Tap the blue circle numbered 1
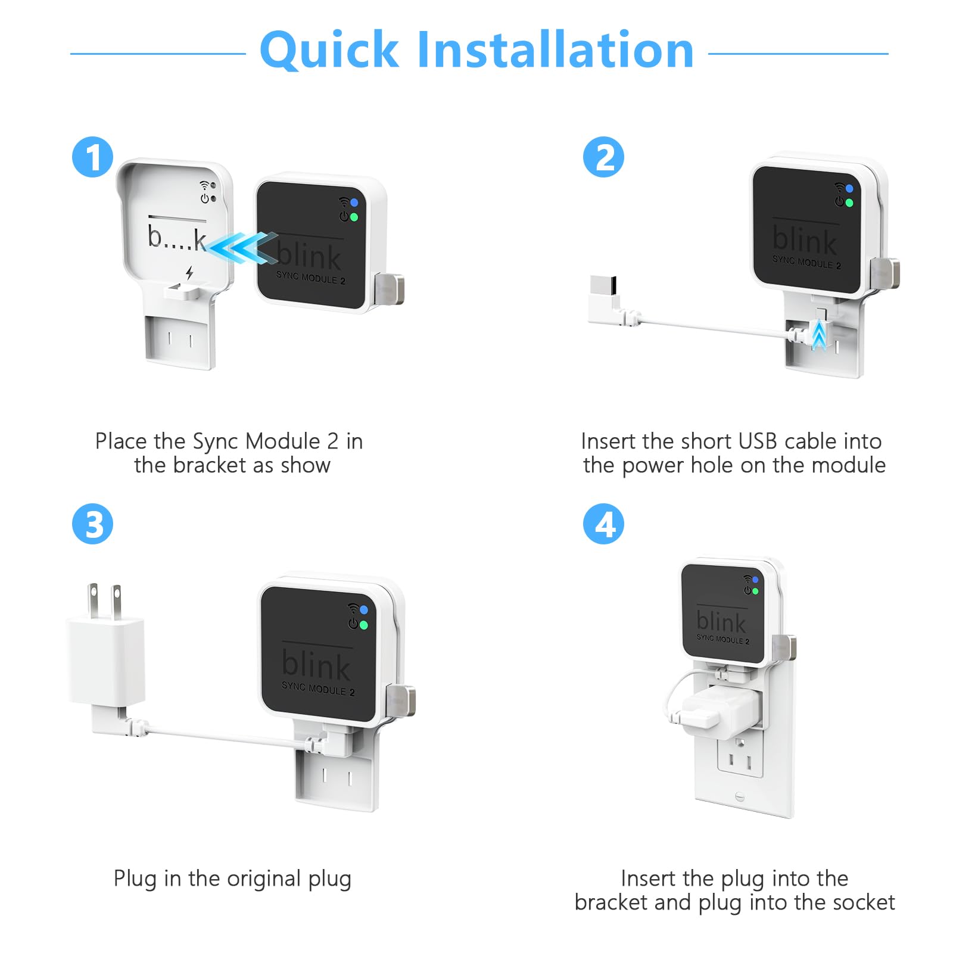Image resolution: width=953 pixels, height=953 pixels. [92, 157]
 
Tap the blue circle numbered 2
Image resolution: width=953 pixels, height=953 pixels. [603, 157]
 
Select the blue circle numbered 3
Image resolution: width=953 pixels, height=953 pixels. [92, 524]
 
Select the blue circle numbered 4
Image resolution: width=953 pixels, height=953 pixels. [603, 524]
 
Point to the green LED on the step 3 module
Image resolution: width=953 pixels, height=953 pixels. [363, 625]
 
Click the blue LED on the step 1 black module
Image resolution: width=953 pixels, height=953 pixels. [354, 203]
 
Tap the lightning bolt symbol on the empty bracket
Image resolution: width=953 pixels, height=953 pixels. [189, 273]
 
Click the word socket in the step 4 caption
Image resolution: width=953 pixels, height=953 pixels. [866, 902]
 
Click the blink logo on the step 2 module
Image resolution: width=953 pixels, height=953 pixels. [804, 239]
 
